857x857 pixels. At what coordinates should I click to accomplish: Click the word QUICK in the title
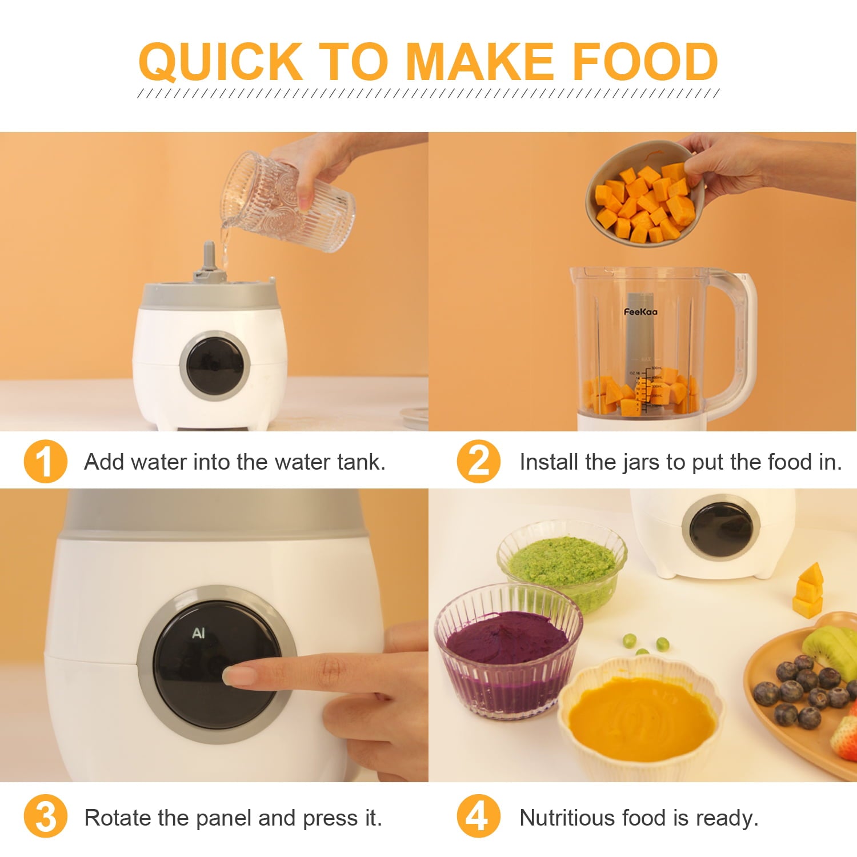pyautogui.click(x=221, y=62)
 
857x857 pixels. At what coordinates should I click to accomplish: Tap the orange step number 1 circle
pyautogui.click(x=45, y=462)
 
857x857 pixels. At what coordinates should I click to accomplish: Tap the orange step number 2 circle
pyautogui.click(x=478, y=462)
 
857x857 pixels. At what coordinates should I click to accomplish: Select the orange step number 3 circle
pyautogui.click(x=45, y=817)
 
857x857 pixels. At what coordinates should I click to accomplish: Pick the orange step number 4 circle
pyautogui.click(x=478, y=817)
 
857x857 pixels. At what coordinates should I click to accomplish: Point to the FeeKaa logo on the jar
pyautogui.click(x=640, y=312)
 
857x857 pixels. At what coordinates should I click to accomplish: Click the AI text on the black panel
pyautogui.click(x=198, y=633)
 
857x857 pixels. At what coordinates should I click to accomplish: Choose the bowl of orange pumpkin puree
pyautogui.click(x=640, y=717)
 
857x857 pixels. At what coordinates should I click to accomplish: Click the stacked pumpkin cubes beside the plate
pyautogui.click(x=808, y=591)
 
